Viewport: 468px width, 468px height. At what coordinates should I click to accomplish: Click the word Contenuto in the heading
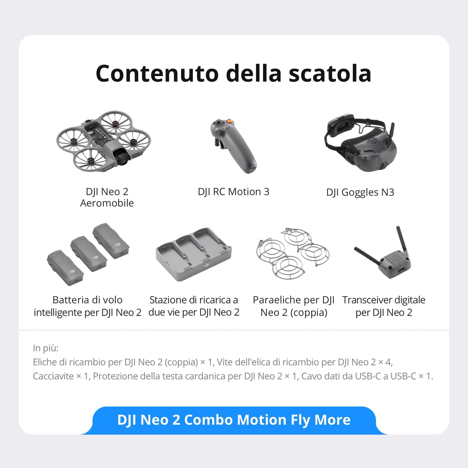(x=158, y=74)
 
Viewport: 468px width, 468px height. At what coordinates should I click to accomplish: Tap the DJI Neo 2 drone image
(x=104, y=142)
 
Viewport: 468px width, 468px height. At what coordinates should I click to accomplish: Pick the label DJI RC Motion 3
(x=234, y=192)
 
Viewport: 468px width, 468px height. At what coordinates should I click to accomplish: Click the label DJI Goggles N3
(x=360, y=192)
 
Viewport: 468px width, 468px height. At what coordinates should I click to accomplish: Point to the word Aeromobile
(x=107, y=203)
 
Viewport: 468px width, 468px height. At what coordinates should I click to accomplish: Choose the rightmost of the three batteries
(x=111, y=240)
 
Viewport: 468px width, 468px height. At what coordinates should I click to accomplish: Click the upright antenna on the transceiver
(x=401, y=239)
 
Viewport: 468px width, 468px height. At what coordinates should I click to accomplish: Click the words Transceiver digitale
(x=383, y=300)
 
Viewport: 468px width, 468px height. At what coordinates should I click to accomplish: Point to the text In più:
(x=46, y=348)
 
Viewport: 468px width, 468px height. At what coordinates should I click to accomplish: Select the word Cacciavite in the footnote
(x=53, y=376)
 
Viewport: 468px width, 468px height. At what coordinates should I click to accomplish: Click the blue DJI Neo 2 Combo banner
(x=234, y=420)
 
